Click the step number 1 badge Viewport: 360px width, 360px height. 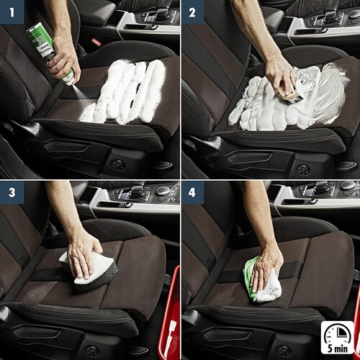(12, 12)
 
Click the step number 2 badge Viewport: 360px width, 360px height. (192, 12)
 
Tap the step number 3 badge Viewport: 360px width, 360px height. (12, 194)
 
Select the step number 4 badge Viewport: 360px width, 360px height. (192, 194)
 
